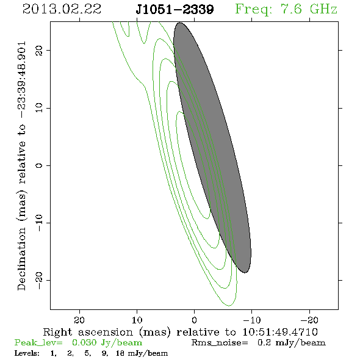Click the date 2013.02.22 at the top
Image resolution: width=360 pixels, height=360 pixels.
click(62, 9)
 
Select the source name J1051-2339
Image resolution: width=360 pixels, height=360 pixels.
click(175, 10)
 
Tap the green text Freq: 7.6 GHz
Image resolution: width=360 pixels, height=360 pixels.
click(286, 10)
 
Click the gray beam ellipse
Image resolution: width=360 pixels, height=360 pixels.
click(212, 148)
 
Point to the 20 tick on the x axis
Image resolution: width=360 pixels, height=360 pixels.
click(79, 320)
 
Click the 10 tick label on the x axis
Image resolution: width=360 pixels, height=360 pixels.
click(137, 320)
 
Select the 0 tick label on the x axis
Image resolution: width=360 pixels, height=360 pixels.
click(194, 320)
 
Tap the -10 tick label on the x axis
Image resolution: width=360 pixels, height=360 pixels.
click(252, 320)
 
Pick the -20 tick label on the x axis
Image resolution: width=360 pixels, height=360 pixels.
click(309, 320)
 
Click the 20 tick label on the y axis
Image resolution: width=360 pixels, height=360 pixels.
click(39, 50)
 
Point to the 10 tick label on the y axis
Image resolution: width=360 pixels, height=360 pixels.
click(39, 108)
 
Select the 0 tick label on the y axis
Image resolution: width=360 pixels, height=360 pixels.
click(39, 165)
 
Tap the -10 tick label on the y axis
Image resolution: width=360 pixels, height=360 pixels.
click(39, 223)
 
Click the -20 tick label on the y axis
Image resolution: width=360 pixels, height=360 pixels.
click(39, 280)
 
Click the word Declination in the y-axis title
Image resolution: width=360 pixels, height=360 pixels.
click(21, 259)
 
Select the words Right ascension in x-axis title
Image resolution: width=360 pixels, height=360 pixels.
click(88, 332)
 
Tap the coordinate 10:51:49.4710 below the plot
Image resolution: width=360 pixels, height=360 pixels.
click(280, 332)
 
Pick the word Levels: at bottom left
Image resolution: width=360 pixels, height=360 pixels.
click(27, 353)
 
